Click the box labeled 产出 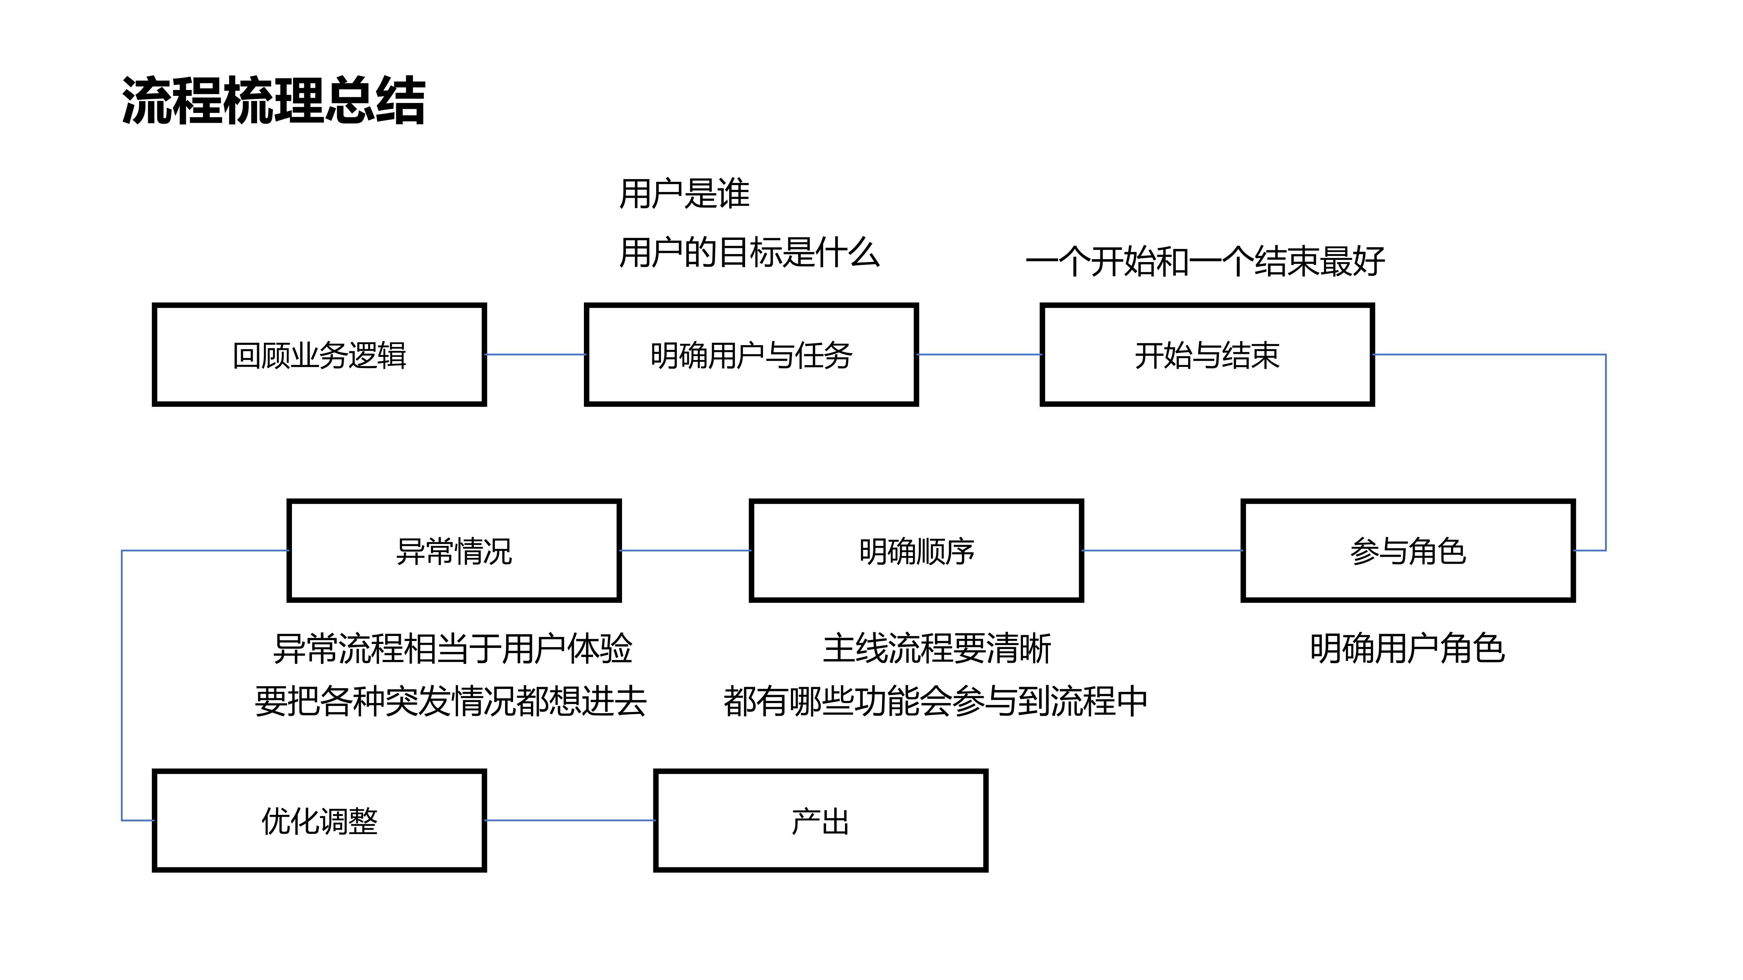(820, 820)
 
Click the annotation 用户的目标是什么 (749, 253)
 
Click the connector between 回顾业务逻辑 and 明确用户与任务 (535, 354)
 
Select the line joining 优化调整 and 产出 (570, 820)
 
